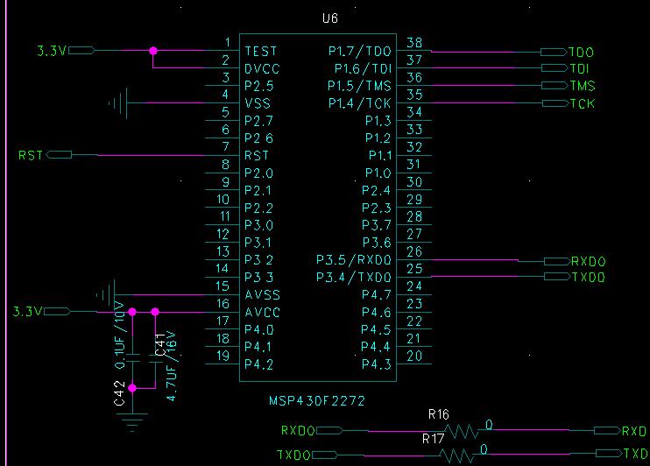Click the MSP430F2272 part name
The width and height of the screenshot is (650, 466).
pos(317,400)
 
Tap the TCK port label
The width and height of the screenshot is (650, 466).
pos(582,103)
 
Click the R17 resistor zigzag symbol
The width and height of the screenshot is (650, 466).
pos(459,455)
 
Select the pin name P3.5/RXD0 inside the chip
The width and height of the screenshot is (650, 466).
pos(355,260)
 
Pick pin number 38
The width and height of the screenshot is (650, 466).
pos(415,43)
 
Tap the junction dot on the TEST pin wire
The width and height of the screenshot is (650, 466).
pos(153,51)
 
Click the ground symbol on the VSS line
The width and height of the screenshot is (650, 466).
pos(119,103)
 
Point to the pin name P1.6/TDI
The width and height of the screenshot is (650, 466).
pos(362,68)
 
